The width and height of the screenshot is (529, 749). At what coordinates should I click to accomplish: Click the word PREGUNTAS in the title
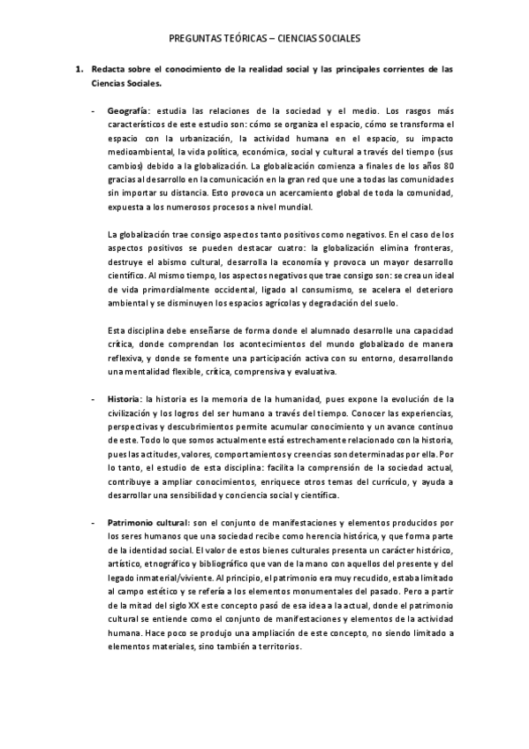coord(195,39)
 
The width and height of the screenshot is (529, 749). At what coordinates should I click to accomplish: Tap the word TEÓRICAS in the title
coord(246,39)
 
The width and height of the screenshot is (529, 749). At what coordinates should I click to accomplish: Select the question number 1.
coord(78,69)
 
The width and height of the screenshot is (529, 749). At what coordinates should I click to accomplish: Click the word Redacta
coord(110,69)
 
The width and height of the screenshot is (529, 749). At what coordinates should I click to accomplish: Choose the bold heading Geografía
coord(126,112)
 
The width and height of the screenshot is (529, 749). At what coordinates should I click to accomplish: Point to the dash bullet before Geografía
coord(94,112)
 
